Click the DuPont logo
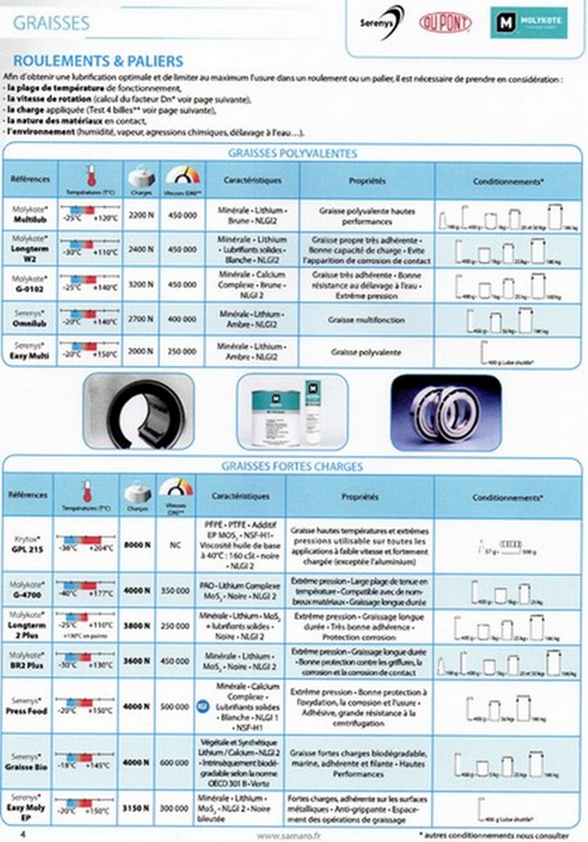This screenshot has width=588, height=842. click(445, 23)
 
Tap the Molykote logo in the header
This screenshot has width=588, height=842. click(529, 23)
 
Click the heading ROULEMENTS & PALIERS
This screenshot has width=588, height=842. click(98, 61)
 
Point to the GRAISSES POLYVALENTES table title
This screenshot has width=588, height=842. click(292, 153)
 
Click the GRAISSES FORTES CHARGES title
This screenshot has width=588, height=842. click(292, 466)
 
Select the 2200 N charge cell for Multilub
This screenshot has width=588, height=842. click(141, 215)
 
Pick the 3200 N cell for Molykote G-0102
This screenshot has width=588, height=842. click(141, 285)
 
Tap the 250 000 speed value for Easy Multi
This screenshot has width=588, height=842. click(182, 351)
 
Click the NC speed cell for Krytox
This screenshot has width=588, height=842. click(175, 545)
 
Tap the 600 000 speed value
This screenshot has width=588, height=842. click(174, 762)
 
